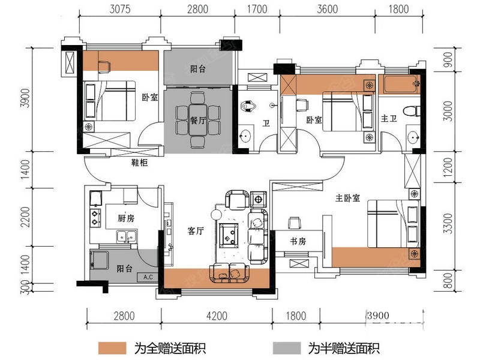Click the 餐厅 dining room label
[198, 121]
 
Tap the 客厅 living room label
[196, 230]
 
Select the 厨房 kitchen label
[126, 218]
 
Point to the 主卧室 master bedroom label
[347, 198]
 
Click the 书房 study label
[298, 241]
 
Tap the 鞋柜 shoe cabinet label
[139, 162]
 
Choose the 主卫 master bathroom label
[389, 118]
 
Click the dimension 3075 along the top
[120, 9]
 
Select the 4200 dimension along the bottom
[217, 316]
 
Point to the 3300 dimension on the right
[448, 223]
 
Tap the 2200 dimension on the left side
[25, 217]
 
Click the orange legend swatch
[112, 348]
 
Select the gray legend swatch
[287, 348]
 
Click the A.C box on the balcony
[148, 277]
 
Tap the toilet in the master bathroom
[412, 111]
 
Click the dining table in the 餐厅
[198, 120]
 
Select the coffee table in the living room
[229, 234]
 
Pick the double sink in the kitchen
[127, 236]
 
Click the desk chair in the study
[294, 223]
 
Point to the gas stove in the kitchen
[95, 218]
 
